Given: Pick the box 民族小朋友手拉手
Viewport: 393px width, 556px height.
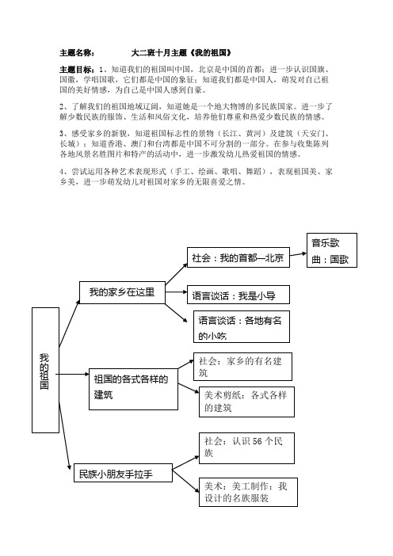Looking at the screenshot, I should [114, 474].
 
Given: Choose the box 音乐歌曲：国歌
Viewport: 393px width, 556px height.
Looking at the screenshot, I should [333, 251].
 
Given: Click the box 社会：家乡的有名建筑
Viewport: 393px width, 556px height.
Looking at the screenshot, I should [244, 366].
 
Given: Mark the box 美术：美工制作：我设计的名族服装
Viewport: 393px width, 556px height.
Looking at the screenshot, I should [244, 491].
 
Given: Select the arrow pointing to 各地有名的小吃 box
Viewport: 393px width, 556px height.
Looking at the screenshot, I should [180, 314].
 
